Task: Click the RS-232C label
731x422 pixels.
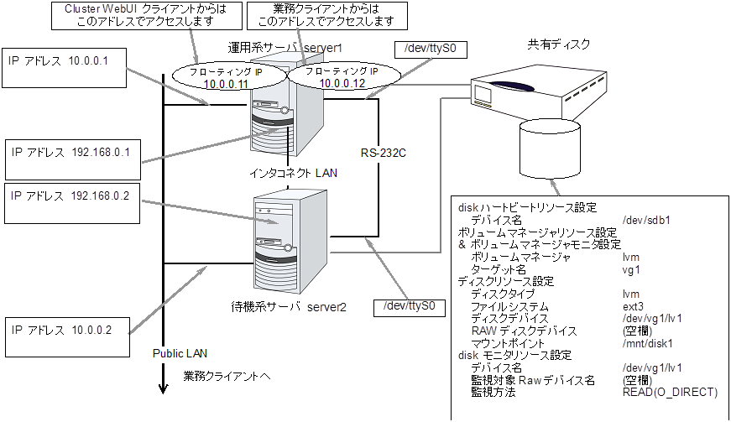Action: (x=384, y=154)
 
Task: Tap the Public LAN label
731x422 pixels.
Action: (x=178, y=352)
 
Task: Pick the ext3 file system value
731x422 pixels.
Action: (x=634, y=307)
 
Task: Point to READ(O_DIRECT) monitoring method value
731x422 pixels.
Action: (x=670, y=392)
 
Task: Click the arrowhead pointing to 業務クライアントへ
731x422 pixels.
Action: (x=161, y=387)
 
